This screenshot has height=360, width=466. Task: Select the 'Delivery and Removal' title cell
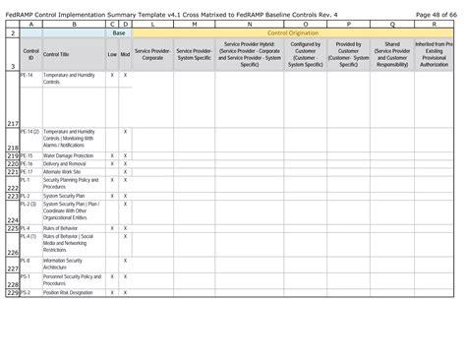[x=65, y=163]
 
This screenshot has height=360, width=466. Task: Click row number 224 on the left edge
[x=11, y=219]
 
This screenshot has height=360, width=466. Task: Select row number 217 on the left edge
[x=11, y=123]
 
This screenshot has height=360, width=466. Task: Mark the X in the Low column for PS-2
[x=111, y=293]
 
